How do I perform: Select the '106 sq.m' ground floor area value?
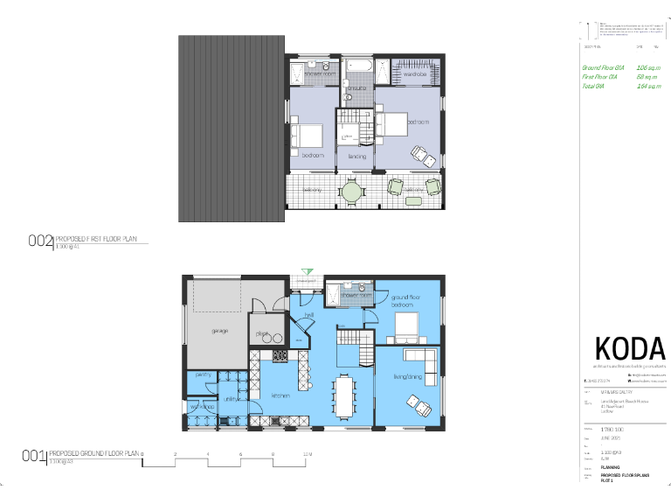point(647,67)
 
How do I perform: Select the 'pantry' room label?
point(203,374)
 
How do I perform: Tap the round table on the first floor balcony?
point(351,191)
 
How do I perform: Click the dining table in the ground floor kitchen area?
point(345,395)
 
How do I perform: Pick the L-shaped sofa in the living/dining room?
point(418,359)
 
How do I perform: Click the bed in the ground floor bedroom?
point(408,328)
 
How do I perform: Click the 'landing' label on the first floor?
point(357,157)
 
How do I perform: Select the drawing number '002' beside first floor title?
point(41,241)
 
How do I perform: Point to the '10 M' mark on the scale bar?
point(307,454)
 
